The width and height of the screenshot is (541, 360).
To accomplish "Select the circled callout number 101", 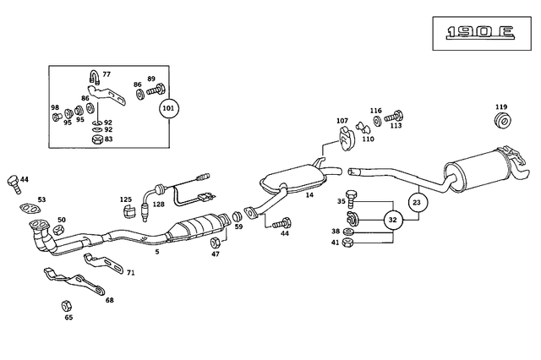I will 168,109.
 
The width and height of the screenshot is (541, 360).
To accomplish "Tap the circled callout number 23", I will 416,202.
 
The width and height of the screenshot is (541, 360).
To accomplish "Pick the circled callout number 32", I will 391,220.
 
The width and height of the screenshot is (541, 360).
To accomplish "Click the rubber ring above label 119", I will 501,123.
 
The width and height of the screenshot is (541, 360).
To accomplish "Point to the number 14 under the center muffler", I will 309,195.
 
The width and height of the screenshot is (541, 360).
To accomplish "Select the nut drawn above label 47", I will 215,243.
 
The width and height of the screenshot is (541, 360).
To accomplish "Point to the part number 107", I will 342,121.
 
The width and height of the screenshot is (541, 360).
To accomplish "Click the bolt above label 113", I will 394,118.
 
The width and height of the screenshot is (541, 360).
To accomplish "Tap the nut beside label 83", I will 97,139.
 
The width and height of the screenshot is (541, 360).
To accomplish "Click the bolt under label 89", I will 154,89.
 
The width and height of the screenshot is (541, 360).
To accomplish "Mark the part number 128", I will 158,205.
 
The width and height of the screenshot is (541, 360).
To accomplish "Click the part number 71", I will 130,273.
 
